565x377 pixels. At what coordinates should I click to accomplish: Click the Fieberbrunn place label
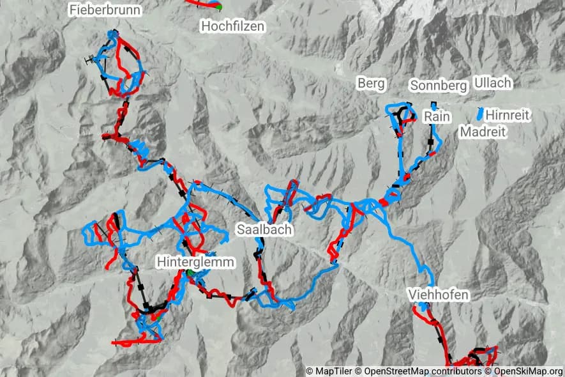(105, 10)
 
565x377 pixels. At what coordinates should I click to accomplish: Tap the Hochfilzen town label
(232, 26)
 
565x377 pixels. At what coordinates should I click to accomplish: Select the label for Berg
(371, 84)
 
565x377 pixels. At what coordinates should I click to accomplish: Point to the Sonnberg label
(439, 86)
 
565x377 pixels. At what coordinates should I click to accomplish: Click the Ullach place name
(493, 83)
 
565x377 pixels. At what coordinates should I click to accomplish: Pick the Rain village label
(437, 117)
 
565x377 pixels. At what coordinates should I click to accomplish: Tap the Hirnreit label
(508, 115)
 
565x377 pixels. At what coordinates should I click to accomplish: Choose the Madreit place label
(483, 132)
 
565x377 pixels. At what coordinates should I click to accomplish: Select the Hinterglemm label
(196, 262)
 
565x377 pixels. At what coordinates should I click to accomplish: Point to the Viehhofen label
(439, 295)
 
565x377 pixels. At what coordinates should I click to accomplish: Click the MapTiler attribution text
(331, 371)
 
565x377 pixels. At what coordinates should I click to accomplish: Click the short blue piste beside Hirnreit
(479, 114)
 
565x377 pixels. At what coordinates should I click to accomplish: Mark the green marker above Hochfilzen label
(218, 7)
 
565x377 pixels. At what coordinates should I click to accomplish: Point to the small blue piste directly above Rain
(433, 105)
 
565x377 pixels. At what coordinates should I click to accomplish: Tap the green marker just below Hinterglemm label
(190, 273)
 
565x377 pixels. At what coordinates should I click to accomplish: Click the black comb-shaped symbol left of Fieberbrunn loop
(90, 61)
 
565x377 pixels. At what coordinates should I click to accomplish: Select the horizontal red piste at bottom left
(135, 342)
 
